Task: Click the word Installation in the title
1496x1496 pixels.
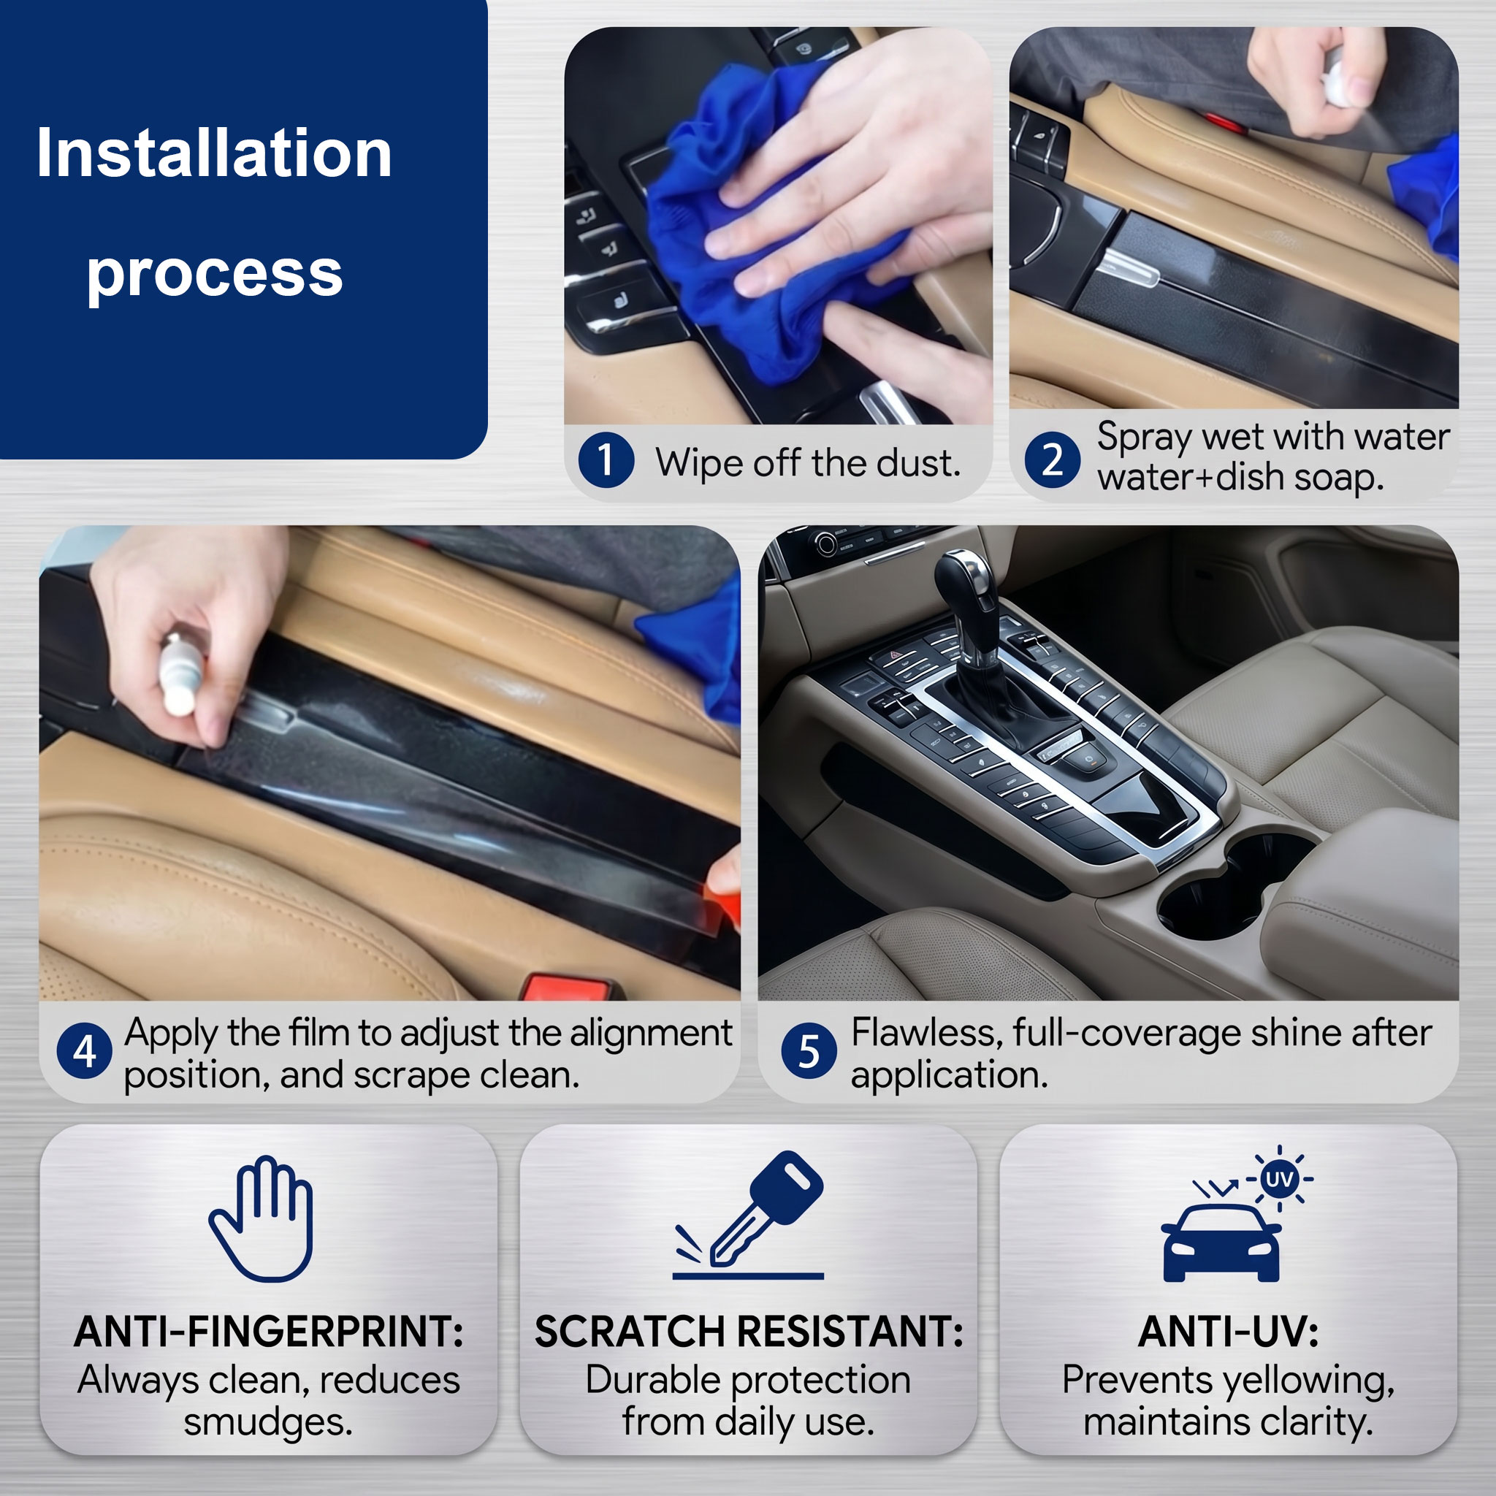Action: (x=214, y=153)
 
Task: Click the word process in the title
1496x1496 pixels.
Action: (x=215, y=275)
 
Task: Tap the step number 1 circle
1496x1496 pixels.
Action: (x=606, y=460)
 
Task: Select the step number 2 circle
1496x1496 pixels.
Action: (x=1053, y=459)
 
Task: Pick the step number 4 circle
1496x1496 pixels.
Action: (x=85, y=1050)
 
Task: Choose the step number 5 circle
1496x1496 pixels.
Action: (x=809, y=1050)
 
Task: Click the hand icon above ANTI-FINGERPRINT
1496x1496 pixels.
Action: (x=262, y=1219)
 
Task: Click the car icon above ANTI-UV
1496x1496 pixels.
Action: (x=1221, y=1243)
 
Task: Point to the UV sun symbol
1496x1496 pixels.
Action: (x=1278, y=1179)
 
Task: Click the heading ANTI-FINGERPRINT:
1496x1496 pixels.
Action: (x=269, y=1332)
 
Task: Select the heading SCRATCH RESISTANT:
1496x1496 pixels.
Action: (x=749, y=1332)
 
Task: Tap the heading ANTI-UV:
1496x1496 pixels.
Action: (x=1228, y=1332)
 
